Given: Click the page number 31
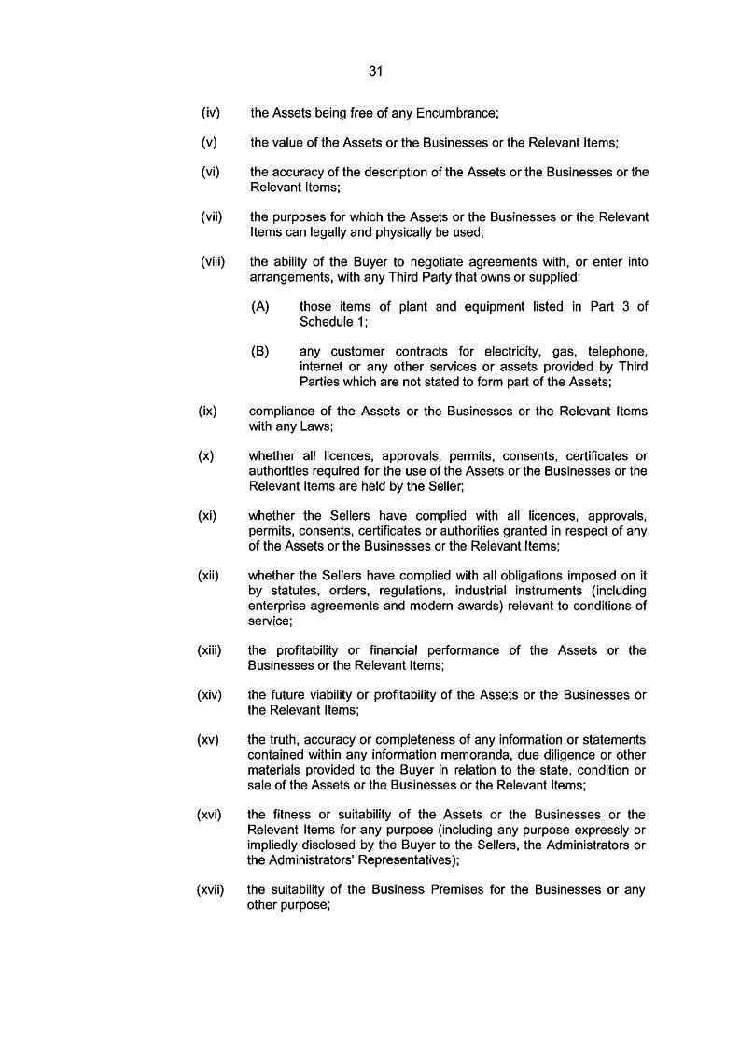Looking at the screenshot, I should (376, 70).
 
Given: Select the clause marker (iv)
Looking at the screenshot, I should (210, 114).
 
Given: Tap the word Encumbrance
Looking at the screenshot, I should (452, 114).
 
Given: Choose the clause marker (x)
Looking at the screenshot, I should (206, 455).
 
